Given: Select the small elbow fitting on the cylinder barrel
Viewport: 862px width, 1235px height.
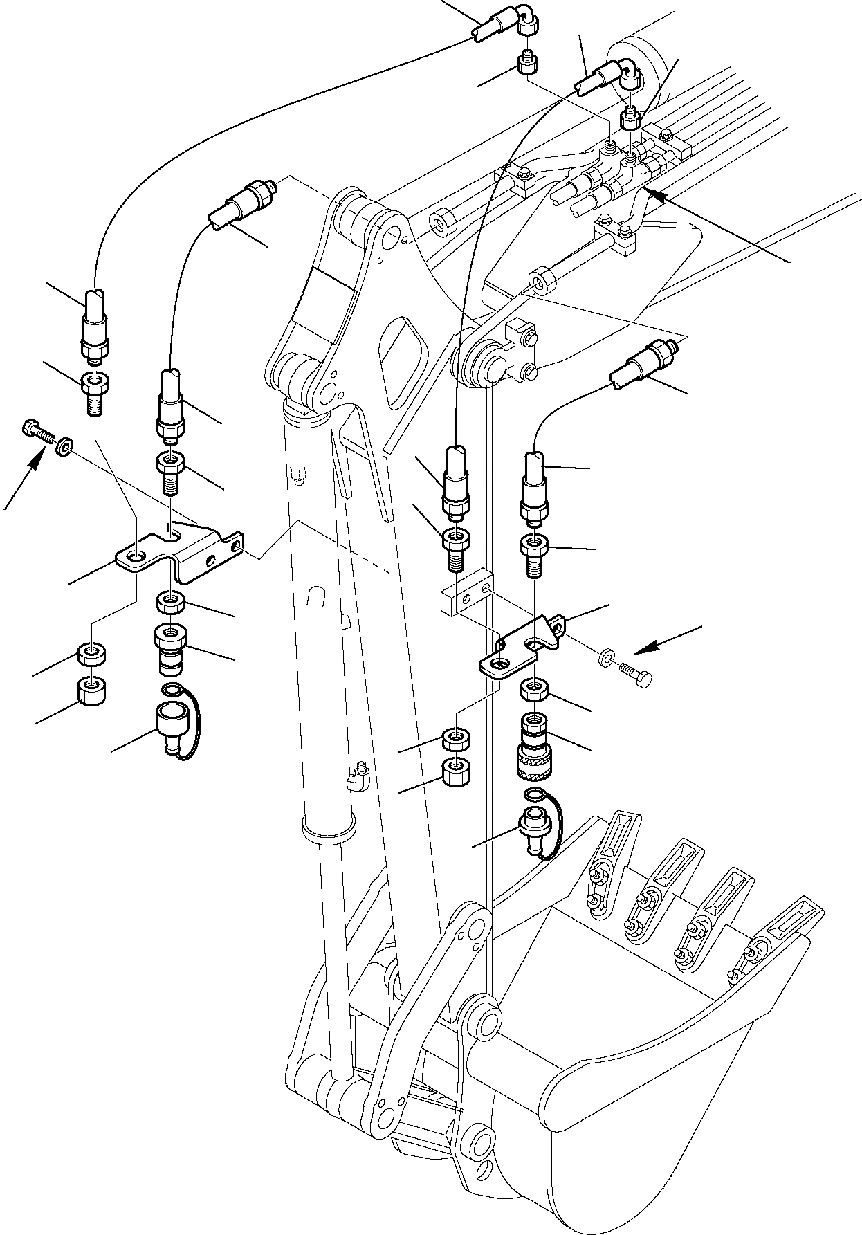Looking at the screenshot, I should (x=358, y=774).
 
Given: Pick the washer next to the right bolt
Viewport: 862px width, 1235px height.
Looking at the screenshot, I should (x=607, y=656).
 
